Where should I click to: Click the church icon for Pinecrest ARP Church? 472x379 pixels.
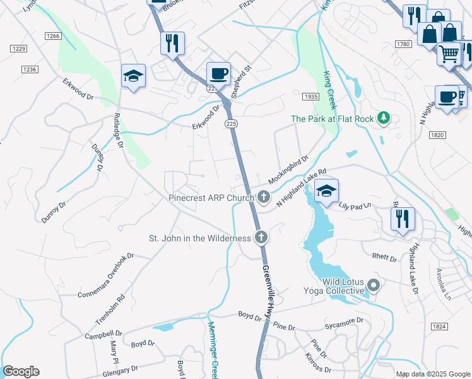point(264,198)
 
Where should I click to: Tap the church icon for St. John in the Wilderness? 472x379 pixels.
point(260,238)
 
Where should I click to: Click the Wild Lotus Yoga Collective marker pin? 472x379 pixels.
point(374,286)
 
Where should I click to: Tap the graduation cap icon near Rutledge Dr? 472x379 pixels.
point(133,76)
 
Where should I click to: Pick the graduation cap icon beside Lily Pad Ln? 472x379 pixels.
point(326,191)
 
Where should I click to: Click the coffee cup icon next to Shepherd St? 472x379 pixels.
point(218,73)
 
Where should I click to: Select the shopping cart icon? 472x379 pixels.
point(449,53)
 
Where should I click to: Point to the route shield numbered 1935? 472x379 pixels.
point(310,97)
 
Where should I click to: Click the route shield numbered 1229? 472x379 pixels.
point(18,49)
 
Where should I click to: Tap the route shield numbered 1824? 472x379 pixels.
point(440,326)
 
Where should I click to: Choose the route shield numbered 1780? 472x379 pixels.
point(404,44)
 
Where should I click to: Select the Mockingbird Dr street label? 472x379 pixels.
point(287,169)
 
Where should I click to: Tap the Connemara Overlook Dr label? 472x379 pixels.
point(106,276)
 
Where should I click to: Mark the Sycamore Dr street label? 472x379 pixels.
point(344,320)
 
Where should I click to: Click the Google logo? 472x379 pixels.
point(21,371)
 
